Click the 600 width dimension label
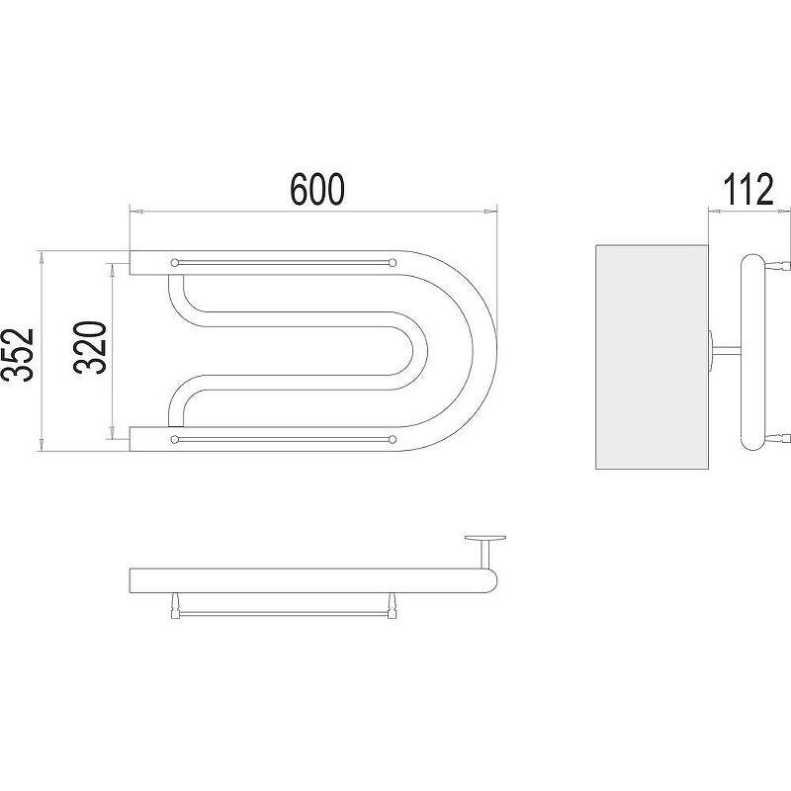pos(317,189)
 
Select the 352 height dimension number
pos(18,354)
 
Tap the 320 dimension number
pos(91,347)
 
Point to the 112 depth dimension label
pos(747,189)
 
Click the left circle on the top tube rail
pos(175,262)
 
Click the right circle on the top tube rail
pos(392,262)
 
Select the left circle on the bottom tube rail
pos(175,439)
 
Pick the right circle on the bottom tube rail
pos(392,439)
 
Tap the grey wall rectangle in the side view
pos(652,357)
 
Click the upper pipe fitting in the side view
pos(777,264)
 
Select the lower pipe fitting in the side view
pos(777,438)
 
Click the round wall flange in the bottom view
pos(485,538)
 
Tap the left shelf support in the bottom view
pos(175,605)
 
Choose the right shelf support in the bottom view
pos(392,605)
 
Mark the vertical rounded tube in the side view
pos(752,352)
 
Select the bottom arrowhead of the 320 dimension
pos(112,432)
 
